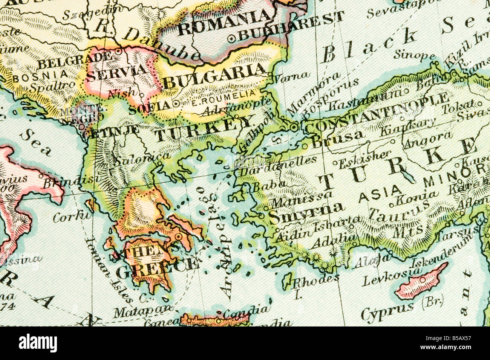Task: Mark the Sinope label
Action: point(415,55)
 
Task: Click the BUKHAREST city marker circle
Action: point(232,38)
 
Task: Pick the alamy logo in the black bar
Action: point(38,343)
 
